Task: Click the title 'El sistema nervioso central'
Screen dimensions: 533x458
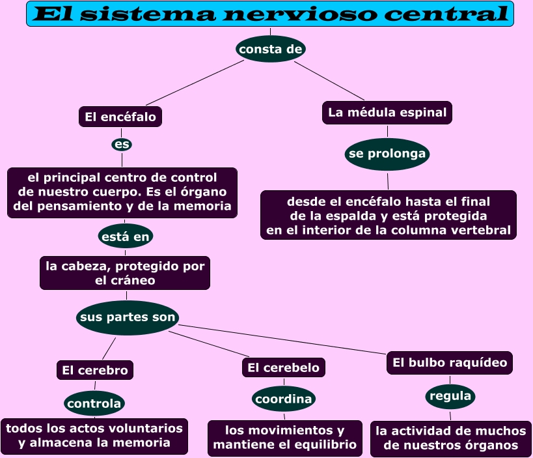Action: tap(269, 14)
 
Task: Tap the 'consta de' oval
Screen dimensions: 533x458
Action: tap(271, 49)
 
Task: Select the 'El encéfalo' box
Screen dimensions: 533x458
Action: tap(120, 117)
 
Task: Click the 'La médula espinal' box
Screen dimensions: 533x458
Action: tap(387, 113)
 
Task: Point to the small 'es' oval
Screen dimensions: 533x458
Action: tap(122, 144)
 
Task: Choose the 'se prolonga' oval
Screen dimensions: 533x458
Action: tap(387, 154)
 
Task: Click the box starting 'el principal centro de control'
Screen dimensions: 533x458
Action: tap(122, 192)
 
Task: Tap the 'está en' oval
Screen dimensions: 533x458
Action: tap(126, 236)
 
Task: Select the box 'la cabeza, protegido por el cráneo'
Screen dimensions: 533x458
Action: tap(125, 273)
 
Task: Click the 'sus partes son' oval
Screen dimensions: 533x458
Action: tap(128, 318)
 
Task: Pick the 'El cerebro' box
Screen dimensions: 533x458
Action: tap(95, 370)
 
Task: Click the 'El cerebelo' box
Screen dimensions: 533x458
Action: tap(283, 367)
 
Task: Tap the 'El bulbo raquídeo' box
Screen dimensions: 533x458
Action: tap(450, 363)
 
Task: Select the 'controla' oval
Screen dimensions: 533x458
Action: tap(94, 403)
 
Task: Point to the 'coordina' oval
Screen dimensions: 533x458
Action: tap(284, 399)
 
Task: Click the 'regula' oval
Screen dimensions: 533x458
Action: tap(450, 396)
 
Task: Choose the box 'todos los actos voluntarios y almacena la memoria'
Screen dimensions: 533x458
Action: tap(94, 436)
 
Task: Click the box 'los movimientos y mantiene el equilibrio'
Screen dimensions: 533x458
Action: tap(285, 438)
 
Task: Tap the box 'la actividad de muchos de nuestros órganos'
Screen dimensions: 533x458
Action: tap(450, 438)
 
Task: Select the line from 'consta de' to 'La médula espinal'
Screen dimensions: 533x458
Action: tap(329, 80)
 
